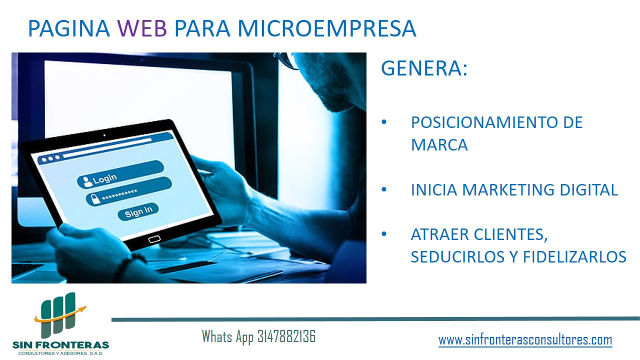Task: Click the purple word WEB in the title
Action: point(142,28)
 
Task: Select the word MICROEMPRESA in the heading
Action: point(327,28)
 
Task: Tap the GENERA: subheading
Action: point(424,68)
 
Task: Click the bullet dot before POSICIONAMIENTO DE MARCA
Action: point(384,122)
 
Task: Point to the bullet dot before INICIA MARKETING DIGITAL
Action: point(384,189)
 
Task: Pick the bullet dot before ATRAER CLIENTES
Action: point(384,234)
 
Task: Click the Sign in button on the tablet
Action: point(138,211)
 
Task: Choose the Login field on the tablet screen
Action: point(120,174)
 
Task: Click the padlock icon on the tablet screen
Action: point(95,199)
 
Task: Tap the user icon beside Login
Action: point(87,181)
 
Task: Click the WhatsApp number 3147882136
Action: point(286,336)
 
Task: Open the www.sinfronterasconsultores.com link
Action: point(525,340)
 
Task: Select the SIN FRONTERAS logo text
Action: point(61,345)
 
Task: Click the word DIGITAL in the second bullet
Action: point(588,189)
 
